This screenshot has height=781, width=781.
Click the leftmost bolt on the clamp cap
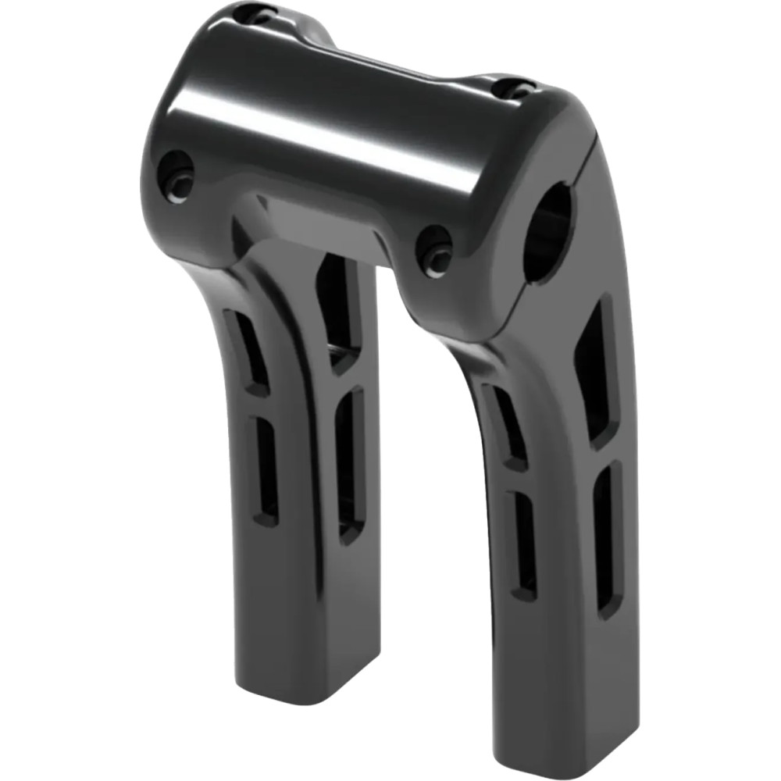pyautogui.click(x=177, y=177)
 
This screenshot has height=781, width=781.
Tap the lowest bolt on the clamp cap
pyautogui.click(x=435, y=250)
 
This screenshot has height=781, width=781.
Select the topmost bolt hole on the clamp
pyautogui.click(x=256, y=13)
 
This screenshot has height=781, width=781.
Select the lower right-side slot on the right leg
pyautogui.click(x=608, y=539)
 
